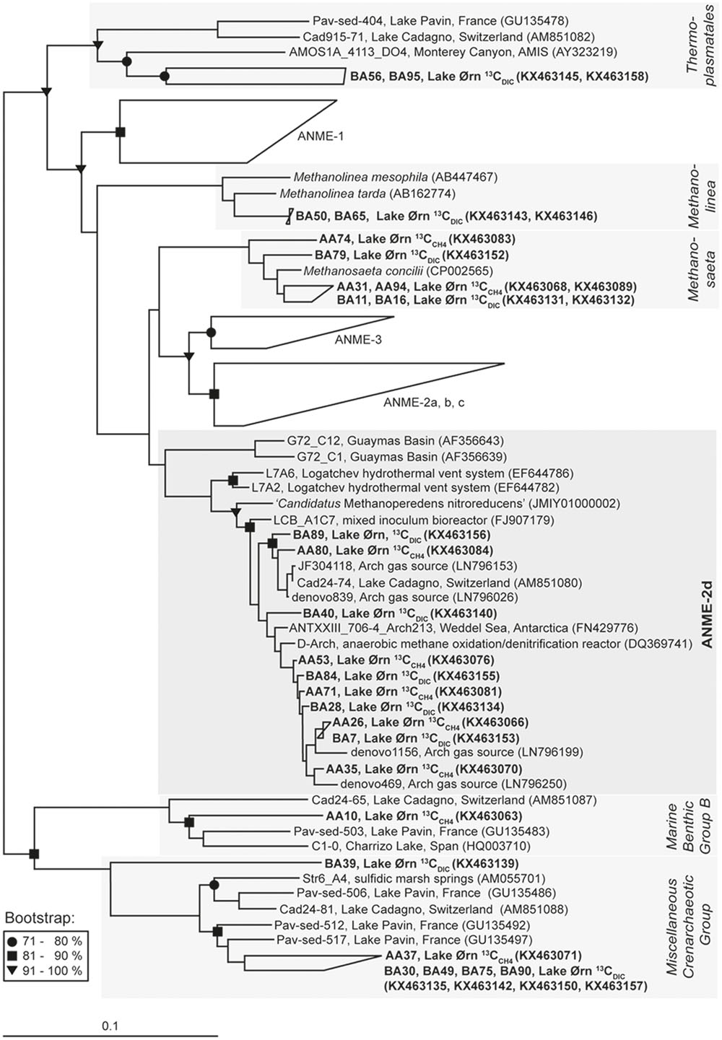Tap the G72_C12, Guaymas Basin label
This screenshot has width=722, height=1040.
(x=390, y=440)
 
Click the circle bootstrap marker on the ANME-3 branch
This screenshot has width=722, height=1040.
(x=211, y=332)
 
